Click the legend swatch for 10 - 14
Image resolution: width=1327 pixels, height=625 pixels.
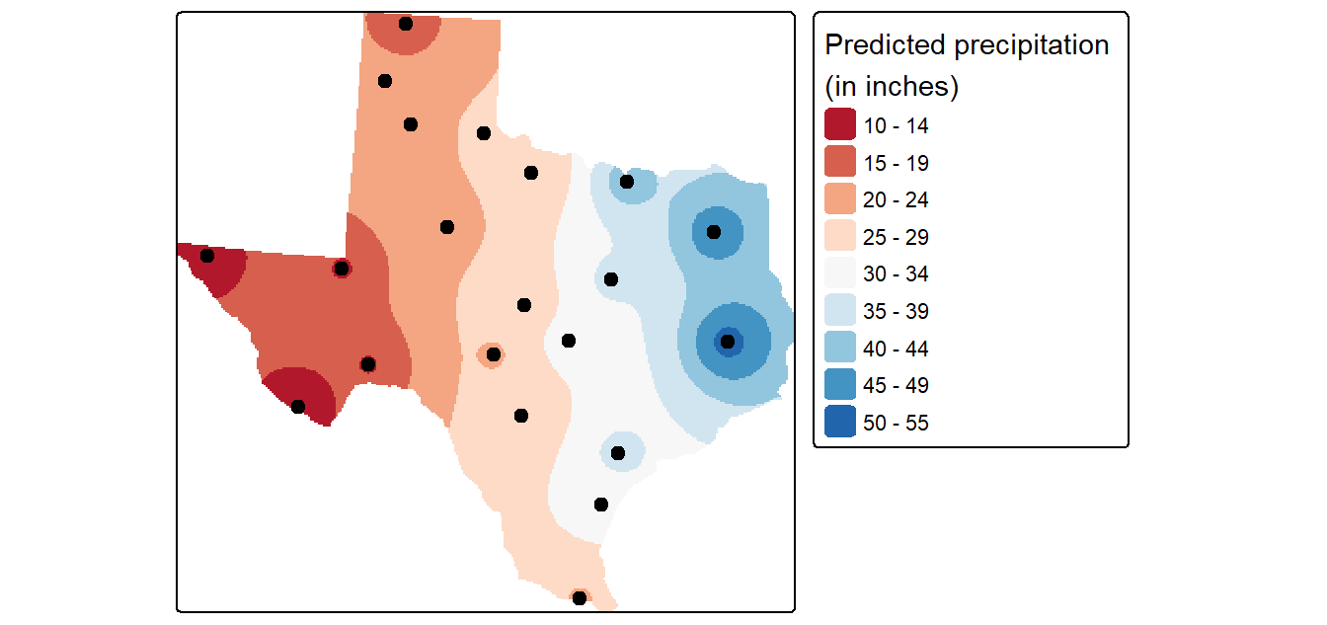pos(839,123)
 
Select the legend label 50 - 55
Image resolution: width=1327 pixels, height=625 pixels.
pos(896,423)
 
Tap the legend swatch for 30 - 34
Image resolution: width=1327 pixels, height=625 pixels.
pos(839,273)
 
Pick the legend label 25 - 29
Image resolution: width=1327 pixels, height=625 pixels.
pos(896,237)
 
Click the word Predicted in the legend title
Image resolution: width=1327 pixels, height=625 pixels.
pos(885,44)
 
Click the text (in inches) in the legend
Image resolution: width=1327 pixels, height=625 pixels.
pos(892,87)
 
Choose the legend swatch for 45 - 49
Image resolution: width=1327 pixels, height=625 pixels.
pos(839,384)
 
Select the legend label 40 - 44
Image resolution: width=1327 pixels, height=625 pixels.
pos(896,349)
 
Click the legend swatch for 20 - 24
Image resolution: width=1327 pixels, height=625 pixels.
pos(839,197)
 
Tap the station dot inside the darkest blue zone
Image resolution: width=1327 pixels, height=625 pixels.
pos(728,342)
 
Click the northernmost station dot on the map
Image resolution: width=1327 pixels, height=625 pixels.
pos(405,24)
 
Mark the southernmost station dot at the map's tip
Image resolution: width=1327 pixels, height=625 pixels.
pos(580,597)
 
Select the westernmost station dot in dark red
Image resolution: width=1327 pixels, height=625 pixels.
pos(206,256)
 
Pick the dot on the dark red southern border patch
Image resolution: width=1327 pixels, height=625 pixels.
pos(298,407)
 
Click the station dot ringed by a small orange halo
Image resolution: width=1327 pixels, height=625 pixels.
pos(493,354)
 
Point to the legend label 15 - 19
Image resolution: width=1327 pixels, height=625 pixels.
pos(896,163)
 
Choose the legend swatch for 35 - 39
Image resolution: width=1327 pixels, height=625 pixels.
pos(839,309)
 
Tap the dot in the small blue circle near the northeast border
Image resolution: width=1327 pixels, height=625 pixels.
pos(627,182)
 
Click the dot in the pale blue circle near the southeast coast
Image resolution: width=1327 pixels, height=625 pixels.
pos(618,453)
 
